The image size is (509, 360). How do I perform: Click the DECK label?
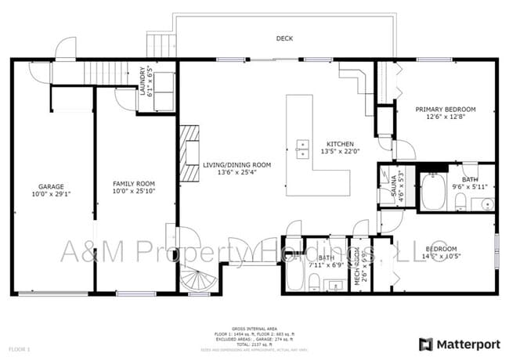283,38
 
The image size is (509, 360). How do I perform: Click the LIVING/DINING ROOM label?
236,164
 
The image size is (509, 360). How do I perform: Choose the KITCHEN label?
340,144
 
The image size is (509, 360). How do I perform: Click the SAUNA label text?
384,186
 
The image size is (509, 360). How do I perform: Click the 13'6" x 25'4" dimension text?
236,173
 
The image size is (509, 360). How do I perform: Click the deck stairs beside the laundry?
159,45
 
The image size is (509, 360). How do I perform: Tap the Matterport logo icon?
426,344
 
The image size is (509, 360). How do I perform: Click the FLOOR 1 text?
19,347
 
